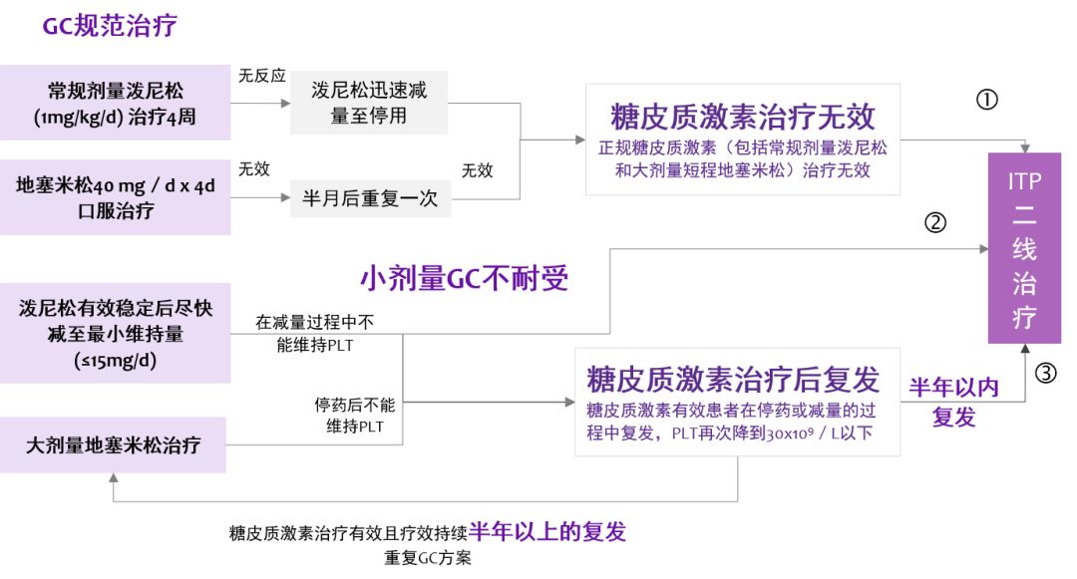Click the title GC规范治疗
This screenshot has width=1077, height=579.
110,26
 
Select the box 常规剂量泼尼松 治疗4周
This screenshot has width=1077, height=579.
115,103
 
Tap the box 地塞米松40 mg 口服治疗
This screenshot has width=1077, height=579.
115,197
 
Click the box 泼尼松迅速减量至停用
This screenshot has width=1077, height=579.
369,103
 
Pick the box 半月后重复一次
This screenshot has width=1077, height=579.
370,198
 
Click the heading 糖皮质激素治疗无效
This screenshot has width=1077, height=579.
743,117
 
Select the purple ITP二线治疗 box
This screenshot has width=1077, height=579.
1024,249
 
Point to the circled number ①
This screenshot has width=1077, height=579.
986,100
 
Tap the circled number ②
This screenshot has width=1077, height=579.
935,223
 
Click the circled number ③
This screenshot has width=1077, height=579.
1044,374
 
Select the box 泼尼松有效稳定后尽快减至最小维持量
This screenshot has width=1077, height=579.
115,333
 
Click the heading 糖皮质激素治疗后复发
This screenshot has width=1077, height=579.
733,380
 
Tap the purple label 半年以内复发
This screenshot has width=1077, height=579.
952,402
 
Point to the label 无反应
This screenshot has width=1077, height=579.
261,76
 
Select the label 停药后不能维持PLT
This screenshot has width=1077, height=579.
354,417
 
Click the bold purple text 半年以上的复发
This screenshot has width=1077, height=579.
547,531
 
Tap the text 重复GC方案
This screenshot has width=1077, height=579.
428,558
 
